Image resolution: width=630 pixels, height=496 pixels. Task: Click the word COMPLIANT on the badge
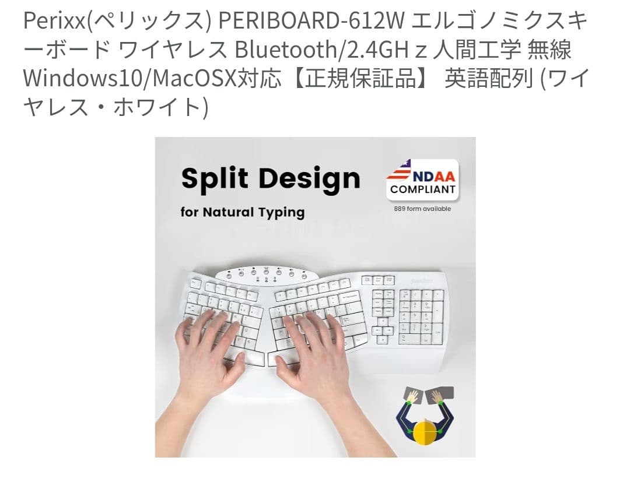pos(423,189)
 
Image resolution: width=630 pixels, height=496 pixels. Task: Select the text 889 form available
pos(423,209)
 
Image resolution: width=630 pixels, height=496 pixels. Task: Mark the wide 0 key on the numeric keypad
pos(409,338)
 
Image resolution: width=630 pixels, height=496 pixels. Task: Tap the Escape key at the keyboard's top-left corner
pos(196,284)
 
